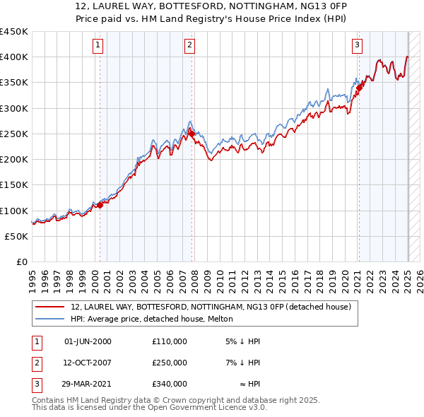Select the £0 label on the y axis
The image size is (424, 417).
[22, 262]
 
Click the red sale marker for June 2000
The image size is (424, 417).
[100, 205]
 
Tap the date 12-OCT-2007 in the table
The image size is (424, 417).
[88, 363]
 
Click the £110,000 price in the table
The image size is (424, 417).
[169, 341]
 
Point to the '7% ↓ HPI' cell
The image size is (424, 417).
[243, 363]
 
